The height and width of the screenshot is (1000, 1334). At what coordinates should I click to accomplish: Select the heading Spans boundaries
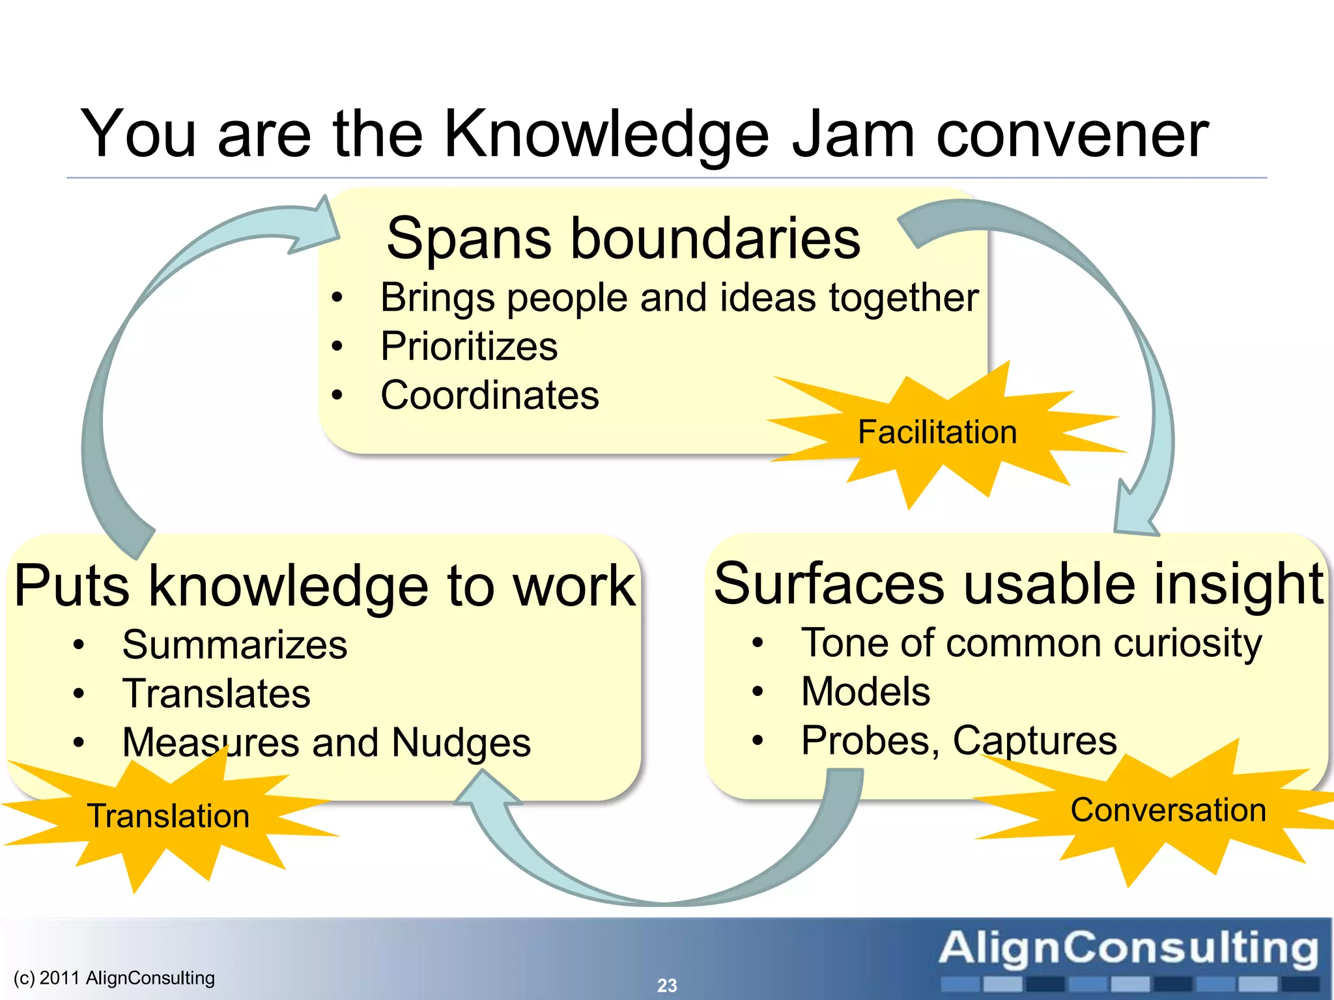point(623,238)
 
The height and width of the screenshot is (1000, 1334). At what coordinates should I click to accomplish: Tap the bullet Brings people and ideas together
point(679,298)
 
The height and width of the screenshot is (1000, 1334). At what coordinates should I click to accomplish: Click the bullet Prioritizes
point(469,346)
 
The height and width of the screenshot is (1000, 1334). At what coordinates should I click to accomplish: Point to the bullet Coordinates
point(490,395)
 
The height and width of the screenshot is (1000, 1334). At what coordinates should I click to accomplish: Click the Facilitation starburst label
point(937,432)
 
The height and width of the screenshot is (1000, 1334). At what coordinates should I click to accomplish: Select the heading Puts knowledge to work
point(324,586)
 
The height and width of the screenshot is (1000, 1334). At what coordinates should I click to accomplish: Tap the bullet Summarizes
point(234,645)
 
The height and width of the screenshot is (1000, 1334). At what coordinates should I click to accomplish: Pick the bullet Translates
point(216,693)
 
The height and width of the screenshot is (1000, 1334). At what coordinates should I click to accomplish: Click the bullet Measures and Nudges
point(326,743)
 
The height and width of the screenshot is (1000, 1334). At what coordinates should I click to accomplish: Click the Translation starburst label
point(168,816)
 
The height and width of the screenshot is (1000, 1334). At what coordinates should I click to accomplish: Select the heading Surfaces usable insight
point(1019,584)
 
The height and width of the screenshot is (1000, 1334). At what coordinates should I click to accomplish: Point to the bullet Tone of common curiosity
point(1031,643)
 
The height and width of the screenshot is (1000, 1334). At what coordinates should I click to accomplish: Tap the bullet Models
point(865,691)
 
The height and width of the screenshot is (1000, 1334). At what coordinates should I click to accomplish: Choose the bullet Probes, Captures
point(959,740)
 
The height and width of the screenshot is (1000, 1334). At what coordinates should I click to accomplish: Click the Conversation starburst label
point(1168,811)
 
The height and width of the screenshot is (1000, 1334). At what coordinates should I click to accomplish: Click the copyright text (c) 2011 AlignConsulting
point(114,978)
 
